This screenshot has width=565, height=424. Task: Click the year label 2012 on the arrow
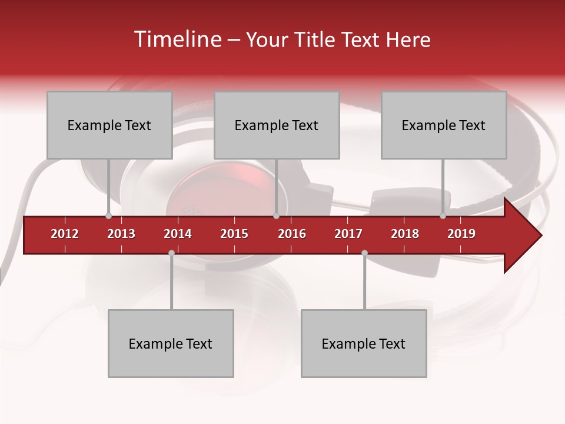pyautogui.click(x=65, y=234)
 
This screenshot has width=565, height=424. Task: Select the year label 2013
pyautogui.click(x=121, y=234)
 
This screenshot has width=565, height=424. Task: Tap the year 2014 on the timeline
pyautogui.click(x=178, y=234)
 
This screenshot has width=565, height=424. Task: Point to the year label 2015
pyautogui.click(x=234, y=234)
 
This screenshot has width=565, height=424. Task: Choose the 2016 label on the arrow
pyautogui.click(x=292, y=234)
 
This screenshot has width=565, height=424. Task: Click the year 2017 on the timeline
pyautogui.click(x=348, y=234)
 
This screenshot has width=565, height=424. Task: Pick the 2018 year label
pyautogui.click(x=405, y=234)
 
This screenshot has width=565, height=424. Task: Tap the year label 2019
pyautogui.click(x=461, y=234)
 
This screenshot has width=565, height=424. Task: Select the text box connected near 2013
pyautogui.click(x=109, y=125)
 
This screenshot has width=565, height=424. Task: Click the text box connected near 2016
pyautogui.click(x=277, y=125)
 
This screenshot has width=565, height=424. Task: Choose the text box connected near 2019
pyautogui.click(x=444, y=125)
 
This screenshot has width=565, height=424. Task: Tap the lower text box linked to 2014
pyautogui.click(x=171, y=343)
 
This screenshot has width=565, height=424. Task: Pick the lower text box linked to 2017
pyautogui.click(x=364, y=343)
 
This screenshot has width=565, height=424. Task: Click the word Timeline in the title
pyautogui.click(x=177, y=39)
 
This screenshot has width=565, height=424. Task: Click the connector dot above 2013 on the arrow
pyautogui.click(x=109, y=216)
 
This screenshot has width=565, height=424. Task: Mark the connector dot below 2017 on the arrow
pyautogui.click(x=364, y=253)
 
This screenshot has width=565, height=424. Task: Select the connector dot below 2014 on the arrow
pyautogui.click(x=171, y=253)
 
